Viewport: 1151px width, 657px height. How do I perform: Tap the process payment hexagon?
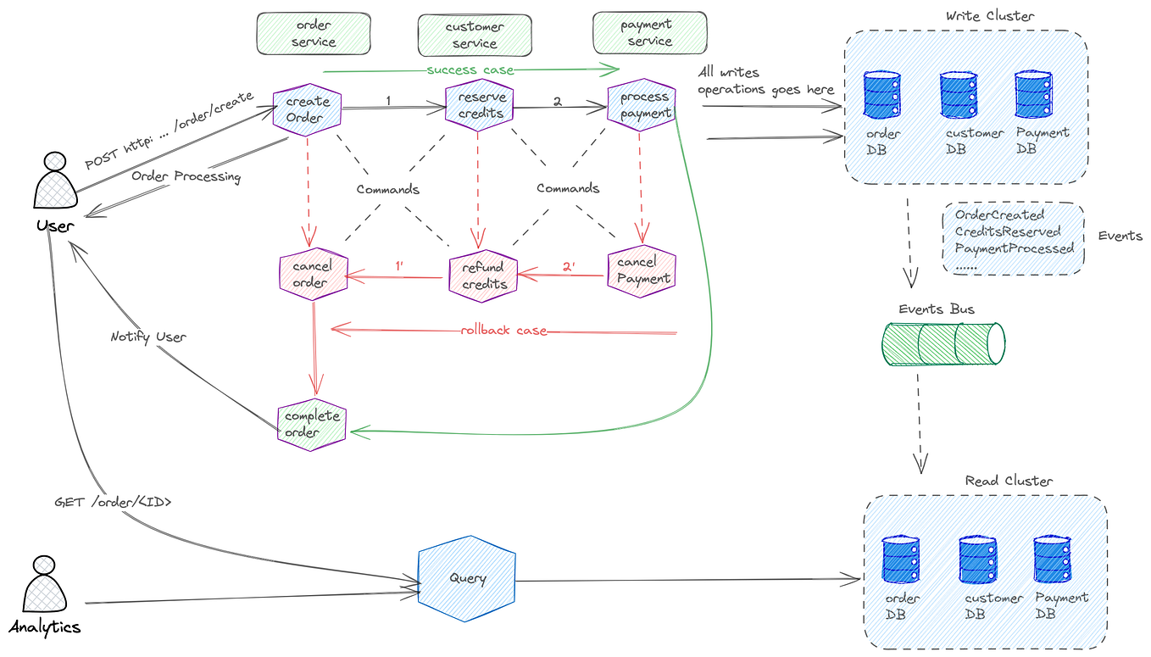[x=642, y=105]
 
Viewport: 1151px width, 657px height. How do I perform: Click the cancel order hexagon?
[x=313, y=274]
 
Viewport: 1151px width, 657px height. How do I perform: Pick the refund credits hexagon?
[x=483, y=276]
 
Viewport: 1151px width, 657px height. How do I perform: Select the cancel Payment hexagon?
[x=642, y=270]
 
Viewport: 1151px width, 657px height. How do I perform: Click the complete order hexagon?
[x=312, y=424]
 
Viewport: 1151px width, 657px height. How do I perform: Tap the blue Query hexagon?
[x=467, y=579]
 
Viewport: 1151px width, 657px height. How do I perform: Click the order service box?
[x=314, y=34]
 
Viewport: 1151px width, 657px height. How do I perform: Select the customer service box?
[x=475, y=35]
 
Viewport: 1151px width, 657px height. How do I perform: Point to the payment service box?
[x=649, y=33]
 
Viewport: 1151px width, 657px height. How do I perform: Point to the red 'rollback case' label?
[x=503, y=330]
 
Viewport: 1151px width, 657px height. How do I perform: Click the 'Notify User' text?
[x=148, y=337]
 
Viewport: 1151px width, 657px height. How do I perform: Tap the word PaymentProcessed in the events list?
[x=1015, y=248]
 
